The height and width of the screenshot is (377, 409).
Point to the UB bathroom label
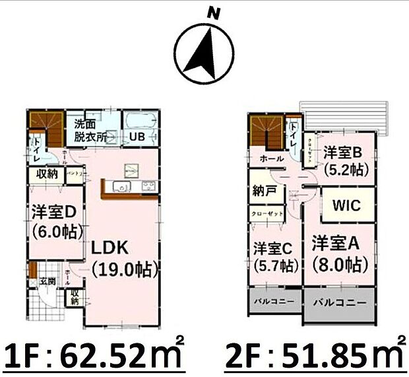point(137,137)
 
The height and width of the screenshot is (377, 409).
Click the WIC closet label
point(346,205)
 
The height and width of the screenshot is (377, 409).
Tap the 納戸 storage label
point(264,191)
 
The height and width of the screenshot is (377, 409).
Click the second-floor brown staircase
point(266,131)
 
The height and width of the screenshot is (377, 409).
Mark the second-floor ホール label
point(272,159)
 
